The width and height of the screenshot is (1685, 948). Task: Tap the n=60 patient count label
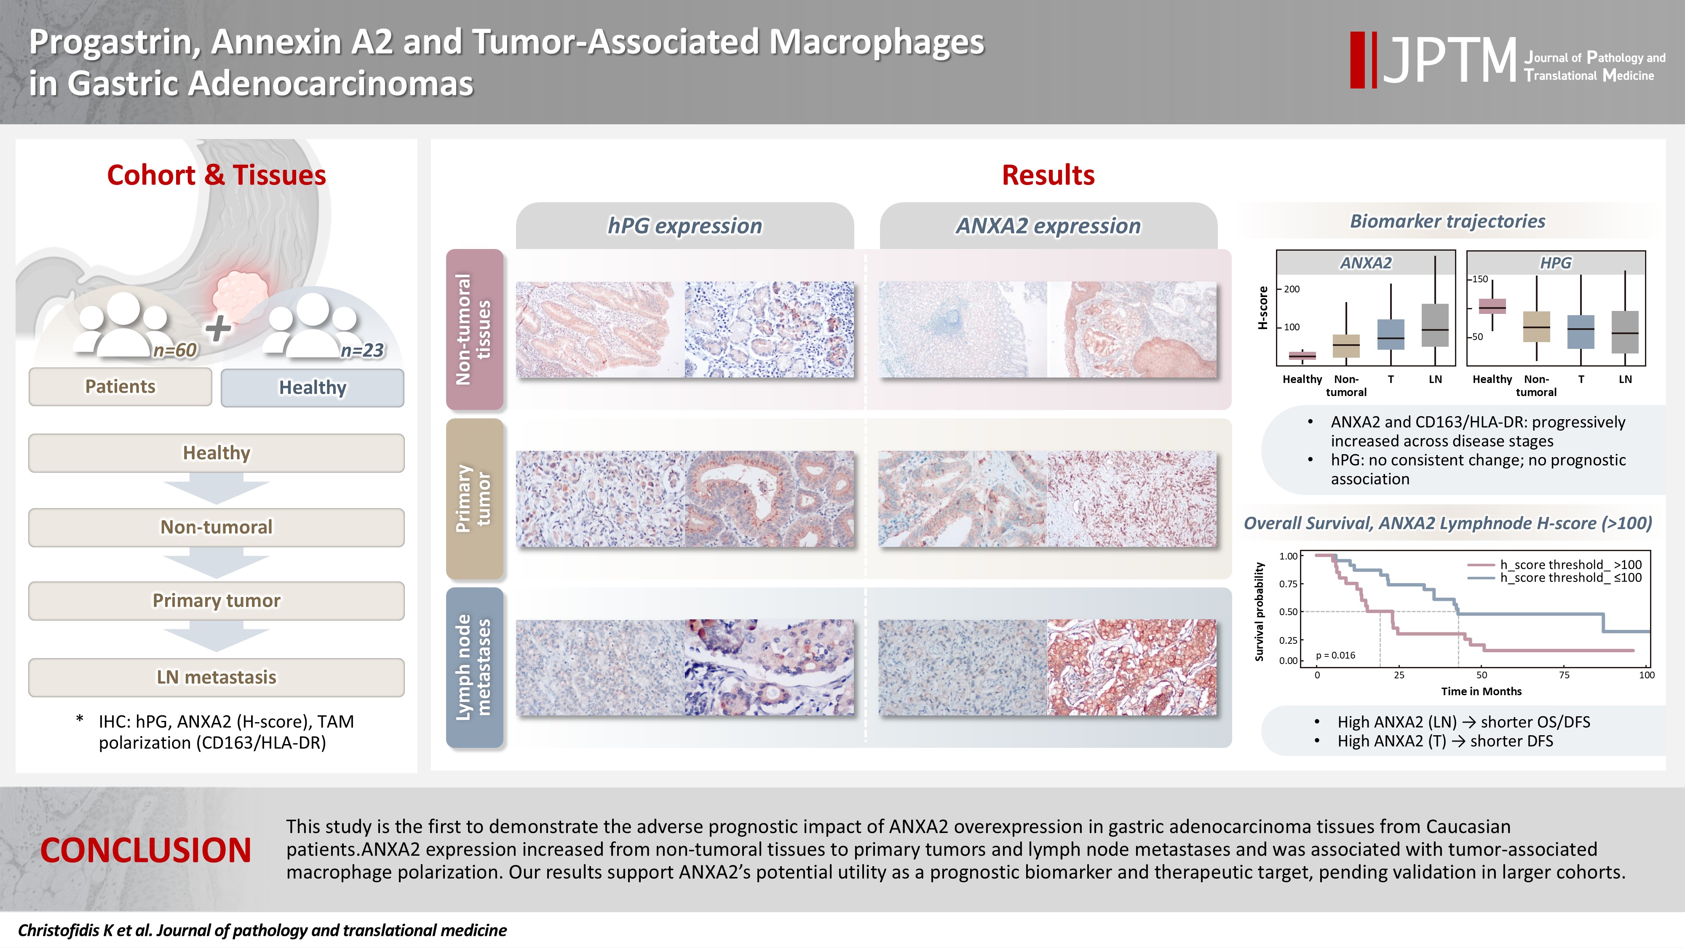pyautogui.click(x=175, y=350)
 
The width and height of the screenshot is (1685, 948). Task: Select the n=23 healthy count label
pyautogui.click(x=362, y=350)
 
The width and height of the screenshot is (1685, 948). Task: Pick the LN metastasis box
pyautogui.click(x=217, y=677)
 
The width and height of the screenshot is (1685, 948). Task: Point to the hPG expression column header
pyautogui.click(x=685, y=226)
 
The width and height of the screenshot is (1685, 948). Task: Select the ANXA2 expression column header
pyautogui.click(x=1048, y=226)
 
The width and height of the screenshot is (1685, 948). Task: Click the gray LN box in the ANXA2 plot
pyautogui.click(x=1435, y=325)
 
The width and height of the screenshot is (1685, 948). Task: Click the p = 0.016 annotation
pyautogui.click(x=1336, y=655)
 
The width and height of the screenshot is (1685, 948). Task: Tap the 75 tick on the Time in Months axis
pyautogui.click(x=1564, y=675)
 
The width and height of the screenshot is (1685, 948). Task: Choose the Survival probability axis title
pyautogui.click(x=1259, y=612)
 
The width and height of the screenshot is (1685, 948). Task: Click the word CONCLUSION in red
pyautogui.click(x=146, y=851)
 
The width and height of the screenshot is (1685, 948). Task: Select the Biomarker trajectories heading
pyautogui.click(x=1447, y=221)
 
